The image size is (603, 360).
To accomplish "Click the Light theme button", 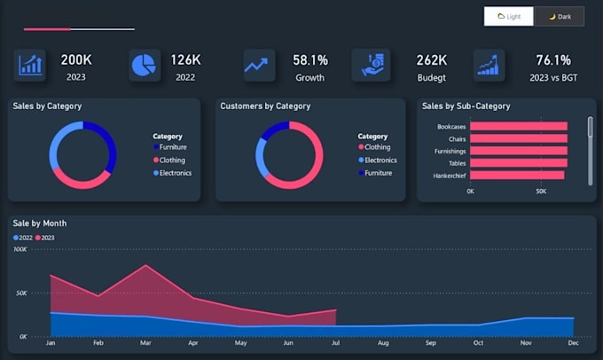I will (509, 16).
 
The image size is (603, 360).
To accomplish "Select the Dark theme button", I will (559, 16).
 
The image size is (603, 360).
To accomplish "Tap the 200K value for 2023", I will (75, 60).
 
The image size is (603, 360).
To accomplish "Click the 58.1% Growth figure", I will (310, 60).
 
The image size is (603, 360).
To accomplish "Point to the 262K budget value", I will (431, 60).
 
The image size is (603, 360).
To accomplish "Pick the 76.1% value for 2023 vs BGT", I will (553, 60).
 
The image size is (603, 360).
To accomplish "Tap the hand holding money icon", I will (371, 65).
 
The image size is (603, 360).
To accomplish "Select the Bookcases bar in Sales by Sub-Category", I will (518, 127).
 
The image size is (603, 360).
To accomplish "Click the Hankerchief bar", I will (516, 175).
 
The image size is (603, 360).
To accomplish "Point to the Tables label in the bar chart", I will (457, 163).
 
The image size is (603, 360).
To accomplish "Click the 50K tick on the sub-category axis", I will (541, 191).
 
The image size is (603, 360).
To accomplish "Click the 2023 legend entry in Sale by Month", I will (46, 238).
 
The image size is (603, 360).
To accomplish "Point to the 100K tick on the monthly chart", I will (20, 250).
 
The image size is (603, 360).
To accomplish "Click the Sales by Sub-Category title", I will (466, 106).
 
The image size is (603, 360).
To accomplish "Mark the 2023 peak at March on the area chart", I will (145, 265).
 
